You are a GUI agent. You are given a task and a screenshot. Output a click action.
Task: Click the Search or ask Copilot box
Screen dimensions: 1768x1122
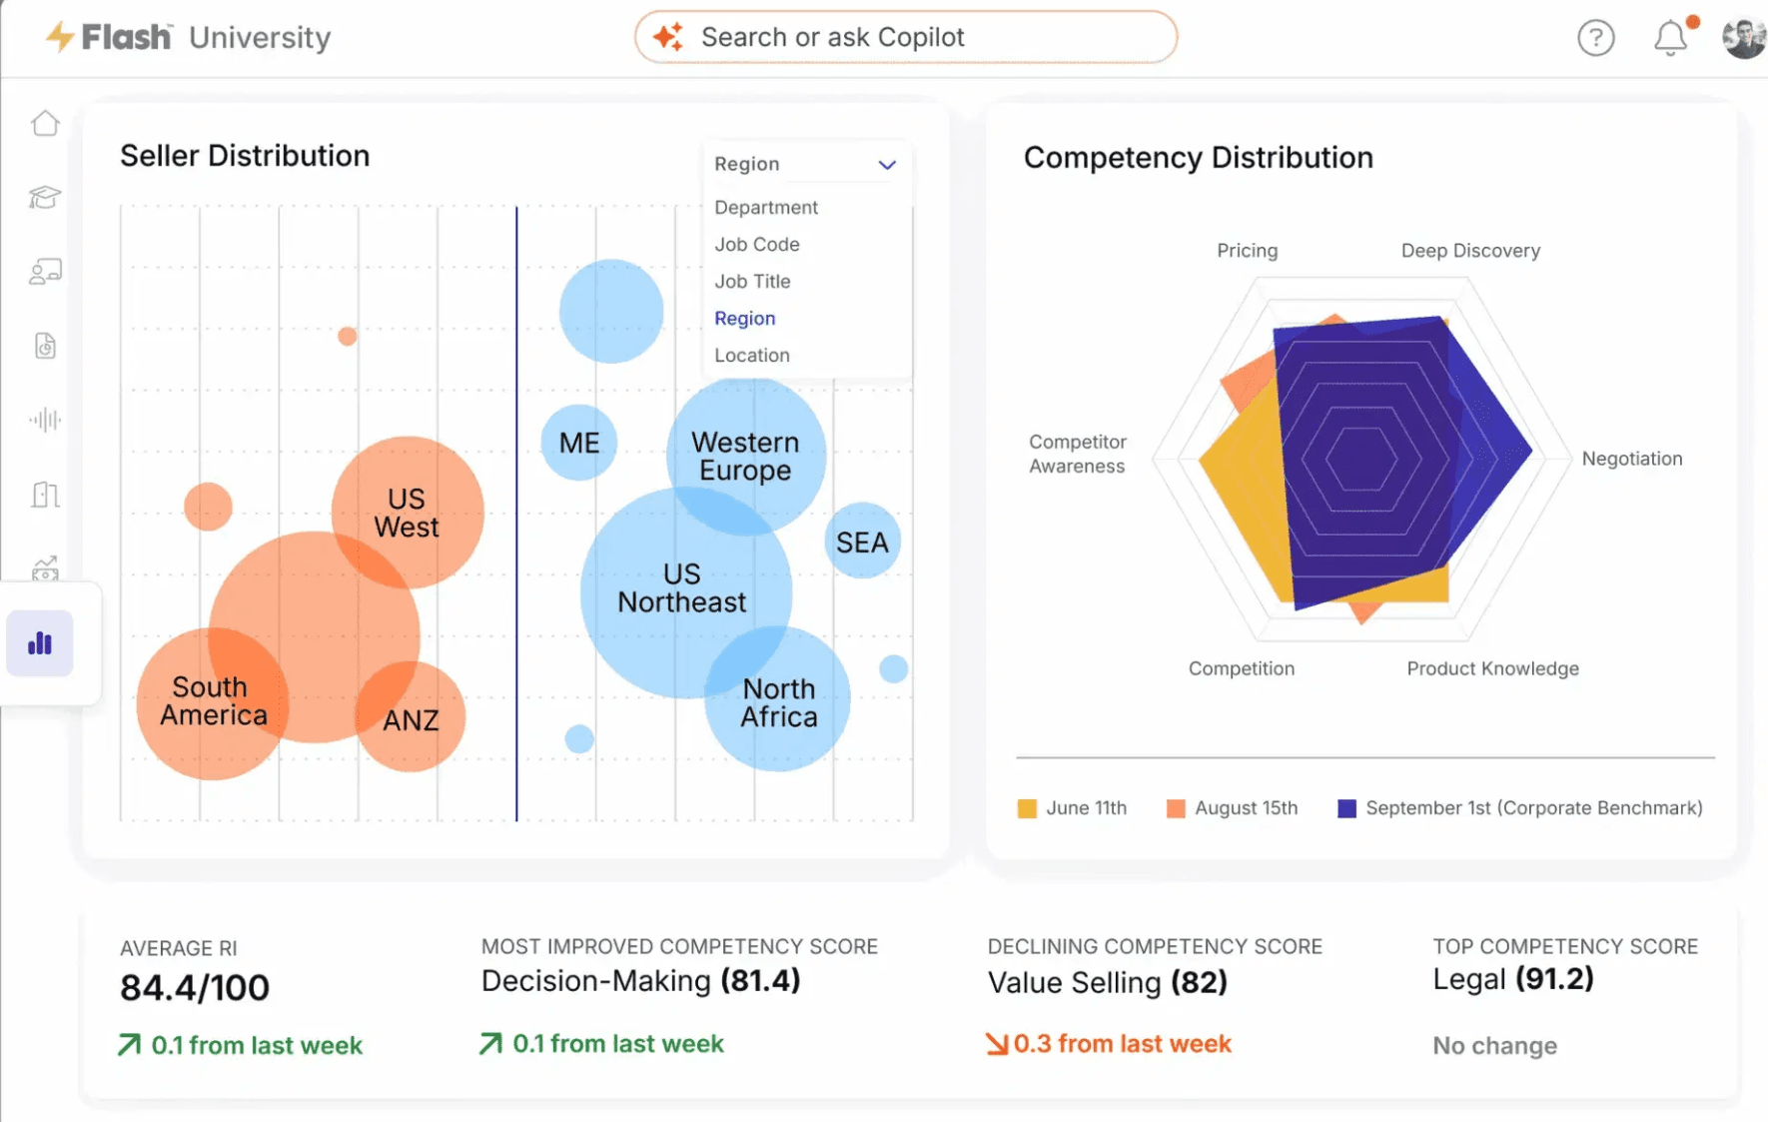[905, 37]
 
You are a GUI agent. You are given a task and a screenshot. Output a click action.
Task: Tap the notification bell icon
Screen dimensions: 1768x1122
[1670, 38]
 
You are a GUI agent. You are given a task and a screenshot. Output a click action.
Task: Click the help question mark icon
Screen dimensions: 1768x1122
[1595, 38]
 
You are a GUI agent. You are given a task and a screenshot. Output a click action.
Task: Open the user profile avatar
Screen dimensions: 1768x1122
[1744, 38]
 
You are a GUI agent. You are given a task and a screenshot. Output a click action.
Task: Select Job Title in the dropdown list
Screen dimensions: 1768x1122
[752, 282]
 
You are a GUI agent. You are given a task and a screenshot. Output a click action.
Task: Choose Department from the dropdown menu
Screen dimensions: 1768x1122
[766, 208]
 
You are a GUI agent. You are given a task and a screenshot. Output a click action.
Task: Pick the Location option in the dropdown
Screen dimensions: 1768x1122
[752, 356]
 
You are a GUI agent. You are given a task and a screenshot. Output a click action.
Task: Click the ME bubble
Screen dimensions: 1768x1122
[579, 443]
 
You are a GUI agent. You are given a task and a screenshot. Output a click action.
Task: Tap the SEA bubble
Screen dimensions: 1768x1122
[862, 541]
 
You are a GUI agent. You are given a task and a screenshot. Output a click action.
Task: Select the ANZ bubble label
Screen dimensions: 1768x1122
[411, 720]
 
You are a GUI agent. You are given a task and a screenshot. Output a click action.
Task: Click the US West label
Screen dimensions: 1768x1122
[407, 513]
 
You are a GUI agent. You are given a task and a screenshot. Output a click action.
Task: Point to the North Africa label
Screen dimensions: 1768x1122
[779, 702]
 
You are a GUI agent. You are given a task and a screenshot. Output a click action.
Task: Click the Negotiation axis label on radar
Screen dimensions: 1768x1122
[1632, 459]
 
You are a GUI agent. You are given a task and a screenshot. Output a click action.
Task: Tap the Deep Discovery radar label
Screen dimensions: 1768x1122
[1470, 251]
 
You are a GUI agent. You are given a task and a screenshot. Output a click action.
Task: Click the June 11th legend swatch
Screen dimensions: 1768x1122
[1027, 808]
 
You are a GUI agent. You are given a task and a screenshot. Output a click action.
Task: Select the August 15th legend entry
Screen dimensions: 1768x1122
[1232, 808]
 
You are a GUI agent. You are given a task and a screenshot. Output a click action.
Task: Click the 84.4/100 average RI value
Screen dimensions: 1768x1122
[195, 988]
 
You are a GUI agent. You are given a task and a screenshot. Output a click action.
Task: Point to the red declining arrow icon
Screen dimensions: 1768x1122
[996, 1044]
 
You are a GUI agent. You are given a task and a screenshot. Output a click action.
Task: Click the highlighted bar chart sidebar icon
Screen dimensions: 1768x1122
[40, 643]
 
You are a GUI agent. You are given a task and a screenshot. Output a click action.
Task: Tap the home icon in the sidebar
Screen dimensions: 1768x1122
[45, 123]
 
